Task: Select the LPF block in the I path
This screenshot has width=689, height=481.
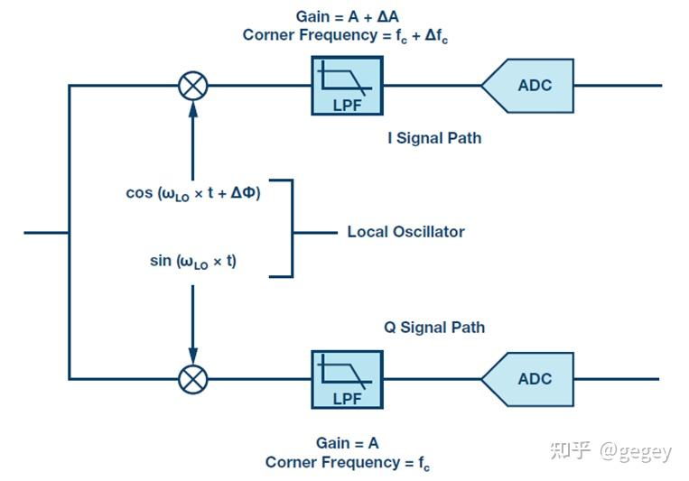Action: coord(347,86)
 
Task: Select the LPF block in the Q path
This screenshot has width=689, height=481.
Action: coord(347,380)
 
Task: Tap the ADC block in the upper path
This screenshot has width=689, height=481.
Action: coord(527,86)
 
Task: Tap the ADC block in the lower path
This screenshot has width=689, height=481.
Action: coord(527,379)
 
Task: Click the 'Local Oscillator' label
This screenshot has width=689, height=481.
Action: coord(406,232)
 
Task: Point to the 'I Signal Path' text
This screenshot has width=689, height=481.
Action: coord(434,138)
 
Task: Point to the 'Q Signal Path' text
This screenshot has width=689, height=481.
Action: coord(434,328)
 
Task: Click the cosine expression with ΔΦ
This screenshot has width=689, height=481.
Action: coord(193,193)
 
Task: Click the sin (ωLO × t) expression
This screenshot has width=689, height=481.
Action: coord(193,262)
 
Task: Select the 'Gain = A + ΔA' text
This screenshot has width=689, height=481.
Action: coord(347,16)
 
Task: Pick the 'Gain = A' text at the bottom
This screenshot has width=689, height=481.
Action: coord(347,443)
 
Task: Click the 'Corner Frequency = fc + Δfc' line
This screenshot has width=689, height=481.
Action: coord(345,35)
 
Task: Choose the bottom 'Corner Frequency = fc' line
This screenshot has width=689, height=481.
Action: coord(348,463)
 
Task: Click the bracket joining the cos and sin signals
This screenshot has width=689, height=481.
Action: coord(293,228)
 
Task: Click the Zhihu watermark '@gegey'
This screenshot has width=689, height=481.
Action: coord(636,451)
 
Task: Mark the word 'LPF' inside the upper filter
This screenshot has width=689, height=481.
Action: coord(347,106)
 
